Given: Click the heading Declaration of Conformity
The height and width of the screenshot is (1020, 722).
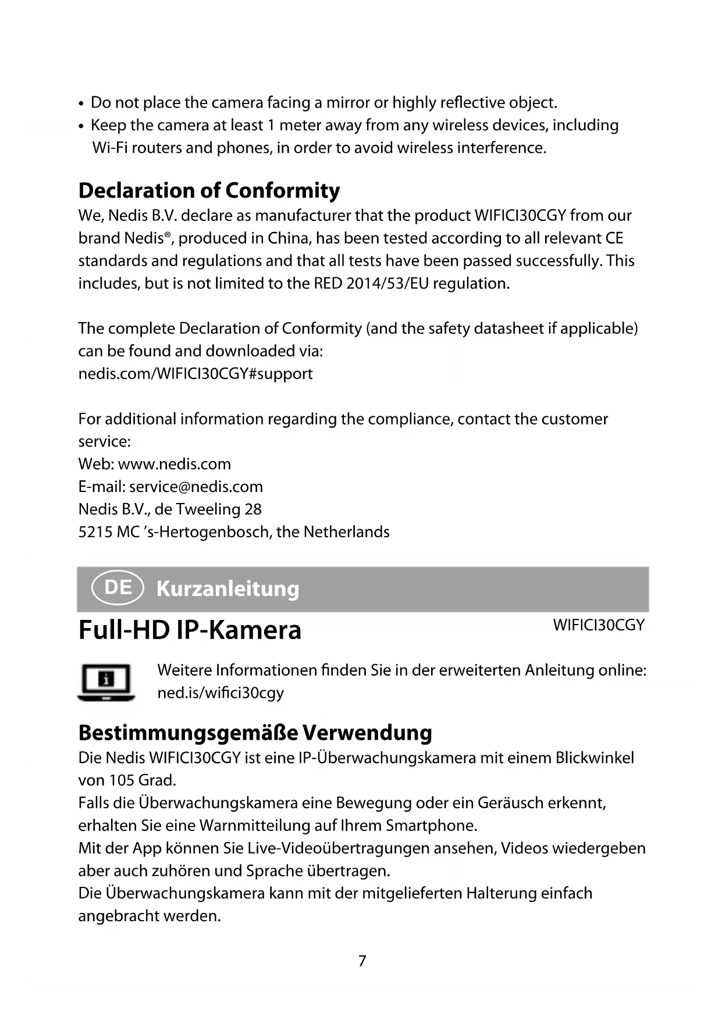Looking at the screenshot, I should tap(209, 190).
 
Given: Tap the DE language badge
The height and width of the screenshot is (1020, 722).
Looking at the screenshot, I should tap(118, 587).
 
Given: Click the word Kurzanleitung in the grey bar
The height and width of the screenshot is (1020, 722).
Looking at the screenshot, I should tap(228, 589).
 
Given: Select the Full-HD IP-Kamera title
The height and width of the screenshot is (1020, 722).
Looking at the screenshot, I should tap(190, 630).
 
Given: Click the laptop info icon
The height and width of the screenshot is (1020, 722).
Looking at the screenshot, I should tap(106, 681).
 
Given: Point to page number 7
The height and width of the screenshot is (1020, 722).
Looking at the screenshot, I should tap(362, 961).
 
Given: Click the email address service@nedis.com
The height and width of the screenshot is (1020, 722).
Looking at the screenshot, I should tap(196, 486).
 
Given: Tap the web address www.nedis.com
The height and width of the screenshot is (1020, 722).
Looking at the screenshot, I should tap(174, 463).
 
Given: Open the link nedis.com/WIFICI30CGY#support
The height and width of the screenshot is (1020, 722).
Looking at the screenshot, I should tap(195, 373).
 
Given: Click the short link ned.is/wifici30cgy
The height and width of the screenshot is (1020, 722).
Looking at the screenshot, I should tap(220, 693).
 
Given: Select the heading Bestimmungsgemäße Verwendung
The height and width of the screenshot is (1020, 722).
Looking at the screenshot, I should tap(255, 732).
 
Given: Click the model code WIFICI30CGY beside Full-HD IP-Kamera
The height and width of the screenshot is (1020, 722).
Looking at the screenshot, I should tap(599, 625).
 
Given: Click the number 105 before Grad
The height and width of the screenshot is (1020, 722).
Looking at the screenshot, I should tap(122, 780).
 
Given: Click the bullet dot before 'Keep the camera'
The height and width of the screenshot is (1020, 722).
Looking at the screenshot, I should tap(81, 126).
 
